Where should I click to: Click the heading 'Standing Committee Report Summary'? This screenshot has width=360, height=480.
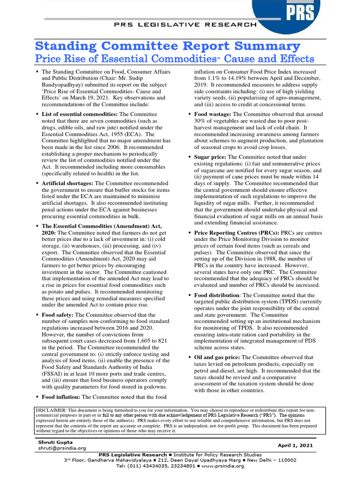coord(168,46)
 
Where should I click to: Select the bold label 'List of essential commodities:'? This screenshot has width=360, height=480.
coord(80,114)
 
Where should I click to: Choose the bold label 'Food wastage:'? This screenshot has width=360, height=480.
coord(213,114)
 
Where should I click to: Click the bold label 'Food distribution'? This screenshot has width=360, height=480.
coord(217,295)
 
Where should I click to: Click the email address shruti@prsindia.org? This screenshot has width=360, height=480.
coord(62,448)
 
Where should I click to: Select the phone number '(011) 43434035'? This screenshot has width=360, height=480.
coord(145,466)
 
